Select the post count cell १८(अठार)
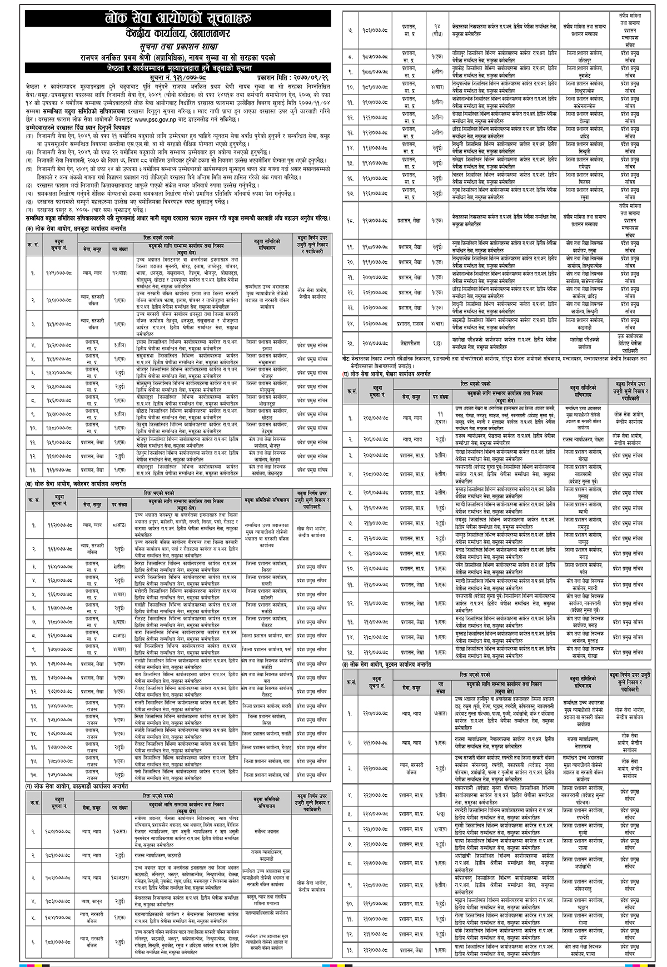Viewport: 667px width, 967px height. (x=118, y=877)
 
